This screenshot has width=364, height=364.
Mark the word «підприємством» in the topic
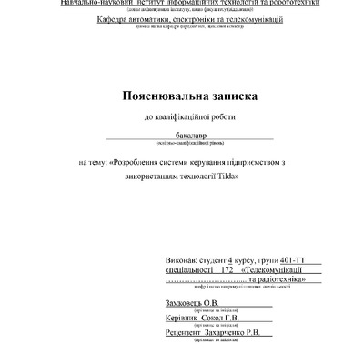[264, 161]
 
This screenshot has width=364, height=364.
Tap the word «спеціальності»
[181, 269]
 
